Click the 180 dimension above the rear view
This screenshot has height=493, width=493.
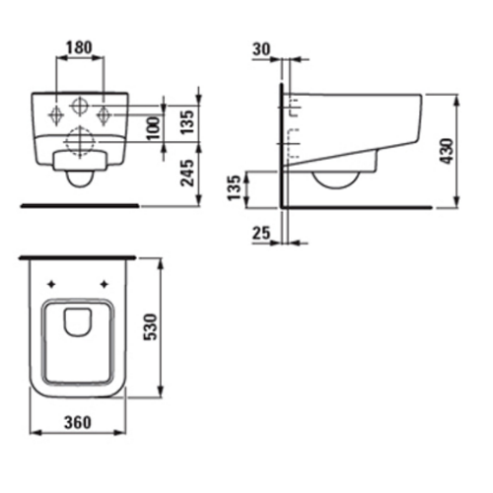click(81, 46)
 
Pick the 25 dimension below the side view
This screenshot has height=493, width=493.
click(259, 233)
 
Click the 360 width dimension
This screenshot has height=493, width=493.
click(78, 421)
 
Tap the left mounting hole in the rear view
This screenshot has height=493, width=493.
click(54, 112)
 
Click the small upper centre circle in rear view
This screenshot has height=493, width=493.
click(80, 106)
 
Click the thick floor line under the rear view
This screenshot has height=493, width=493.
click(78, 205)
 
